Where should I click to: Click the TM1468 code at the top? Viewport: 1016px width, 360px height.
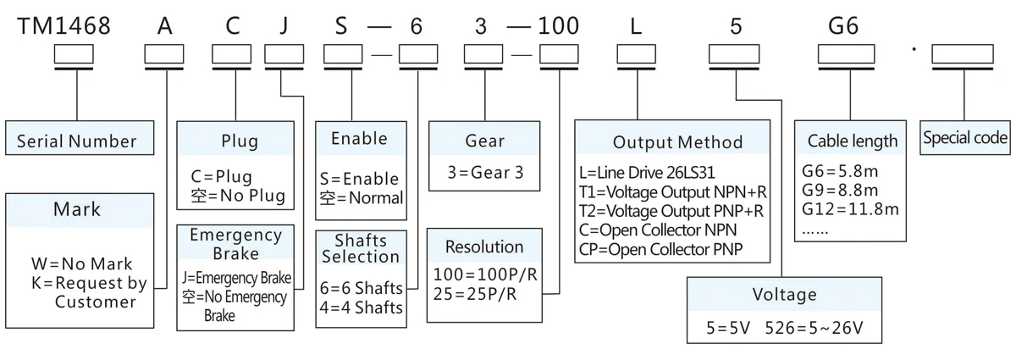[x=64, y=25]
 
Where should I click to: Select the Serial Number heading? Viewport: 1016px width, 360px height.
[x=76, y=141]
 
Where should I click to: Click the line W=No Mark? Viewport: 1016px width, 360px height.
[x=81, y=264]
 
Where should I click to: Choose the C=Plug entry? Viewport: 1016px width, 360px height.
[x=222, y=177]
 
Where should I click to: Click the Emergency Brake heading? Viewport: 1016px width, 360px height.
[x=235, y=243]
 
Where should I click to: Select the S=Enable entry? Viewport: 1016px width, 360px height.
[x=359, y=179]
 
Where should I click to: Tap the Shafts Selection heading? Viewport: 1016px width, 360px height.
[x=361, y=247]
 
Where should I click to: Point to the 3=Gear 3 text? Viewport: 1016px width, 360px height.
[x=485, y=173]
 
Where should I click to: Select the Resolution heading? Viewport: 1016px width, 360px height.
[x=484, y=247]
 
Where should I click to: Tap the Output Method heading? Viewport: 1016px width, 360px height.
[x=677, y=142]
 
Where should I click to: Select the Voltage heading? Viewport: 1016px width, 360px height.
[x=784, y=295]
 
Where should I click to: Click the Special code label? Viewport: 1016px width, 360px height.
[x=965, y=138]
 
